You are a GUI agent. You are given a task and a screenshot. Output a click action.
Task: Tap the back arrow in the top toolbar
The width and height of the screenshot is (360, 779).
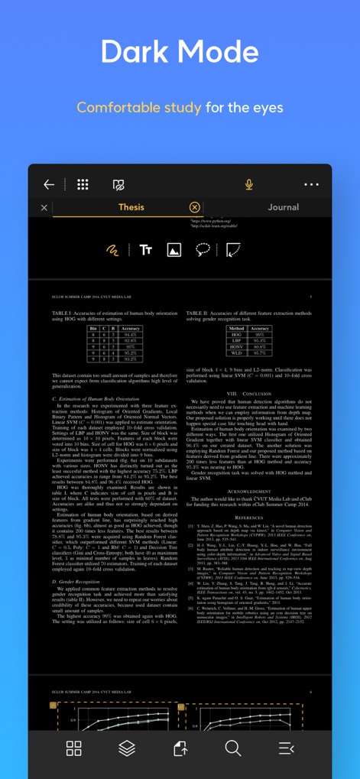point(49,184)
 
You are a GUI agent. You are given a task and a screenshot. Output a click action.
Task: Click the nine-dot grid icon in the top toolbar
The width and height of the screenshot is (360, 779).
point(83,184)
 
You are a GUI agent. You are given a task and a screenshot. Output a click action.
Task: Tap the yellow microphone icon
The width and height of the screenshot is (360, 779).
point(249,184)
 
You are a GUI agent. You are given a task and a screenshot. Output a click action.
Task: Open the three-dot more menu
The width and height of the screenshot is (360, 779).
point(311,184)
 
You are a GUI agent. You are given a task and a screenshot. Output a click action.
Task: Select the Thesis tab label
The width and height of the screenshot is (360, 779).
point(131,207)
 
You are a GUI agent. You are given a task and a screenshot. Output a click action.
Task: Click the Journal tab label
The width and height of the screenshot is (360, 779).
point(283,207)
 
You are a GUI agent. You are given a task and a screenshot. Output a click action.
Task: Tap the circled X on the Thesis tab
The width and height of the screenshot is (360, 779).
point(194,207)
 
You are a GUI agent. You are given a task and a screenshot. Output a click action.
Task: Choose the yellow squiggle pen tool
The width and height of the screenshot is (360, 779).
point(112,250)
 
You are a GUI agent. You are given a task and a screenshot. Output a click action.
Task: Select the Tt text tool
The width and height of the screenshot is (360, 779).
point(146,250)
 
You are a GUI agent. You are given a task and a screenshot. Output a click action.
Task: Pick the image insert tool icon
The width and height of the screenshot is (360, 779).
point(174,250)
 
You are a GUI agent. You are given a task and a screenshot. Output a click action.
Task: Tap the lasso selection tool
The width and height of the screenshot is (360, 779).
point(203,250)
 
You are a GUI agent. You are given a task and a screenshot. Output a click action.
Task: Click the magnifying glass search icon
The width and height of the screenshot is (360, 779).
point(232,748)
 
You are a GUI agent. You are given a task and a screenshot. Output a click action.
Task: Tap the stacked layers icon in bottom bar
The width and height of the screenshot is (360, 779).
point(126,748)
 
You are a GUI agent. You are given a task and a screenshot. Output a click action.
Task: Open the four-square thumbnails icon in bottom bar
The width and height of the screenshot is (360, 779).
point(74,748)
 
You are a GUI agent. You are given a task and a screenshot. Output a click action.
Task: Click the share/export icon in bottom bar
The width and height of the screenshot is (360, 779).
point(180,748)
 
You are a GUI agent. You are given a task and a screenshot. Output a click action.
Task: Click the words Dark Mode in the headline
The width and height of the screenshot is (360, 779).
point(180,52)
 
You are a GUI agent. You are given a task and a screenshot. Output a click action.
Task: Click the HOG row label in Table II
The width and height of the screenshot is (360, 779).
point(236,335)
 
